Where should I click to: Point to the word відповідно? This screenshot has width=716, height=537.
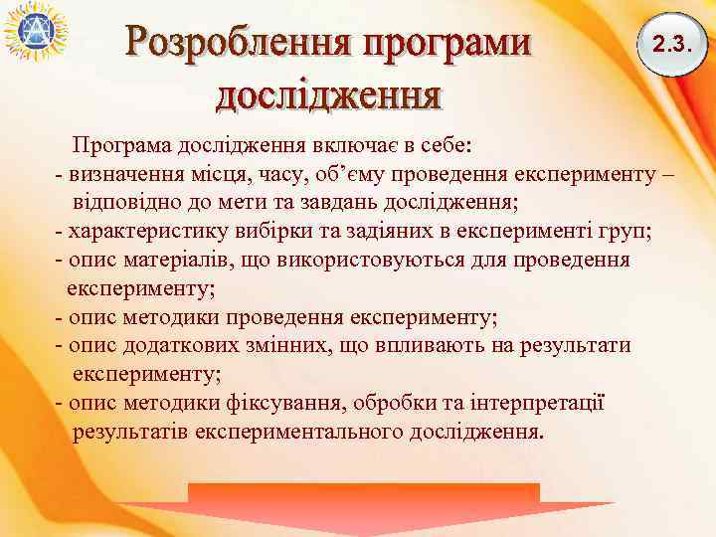click(x=123, y=203)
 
